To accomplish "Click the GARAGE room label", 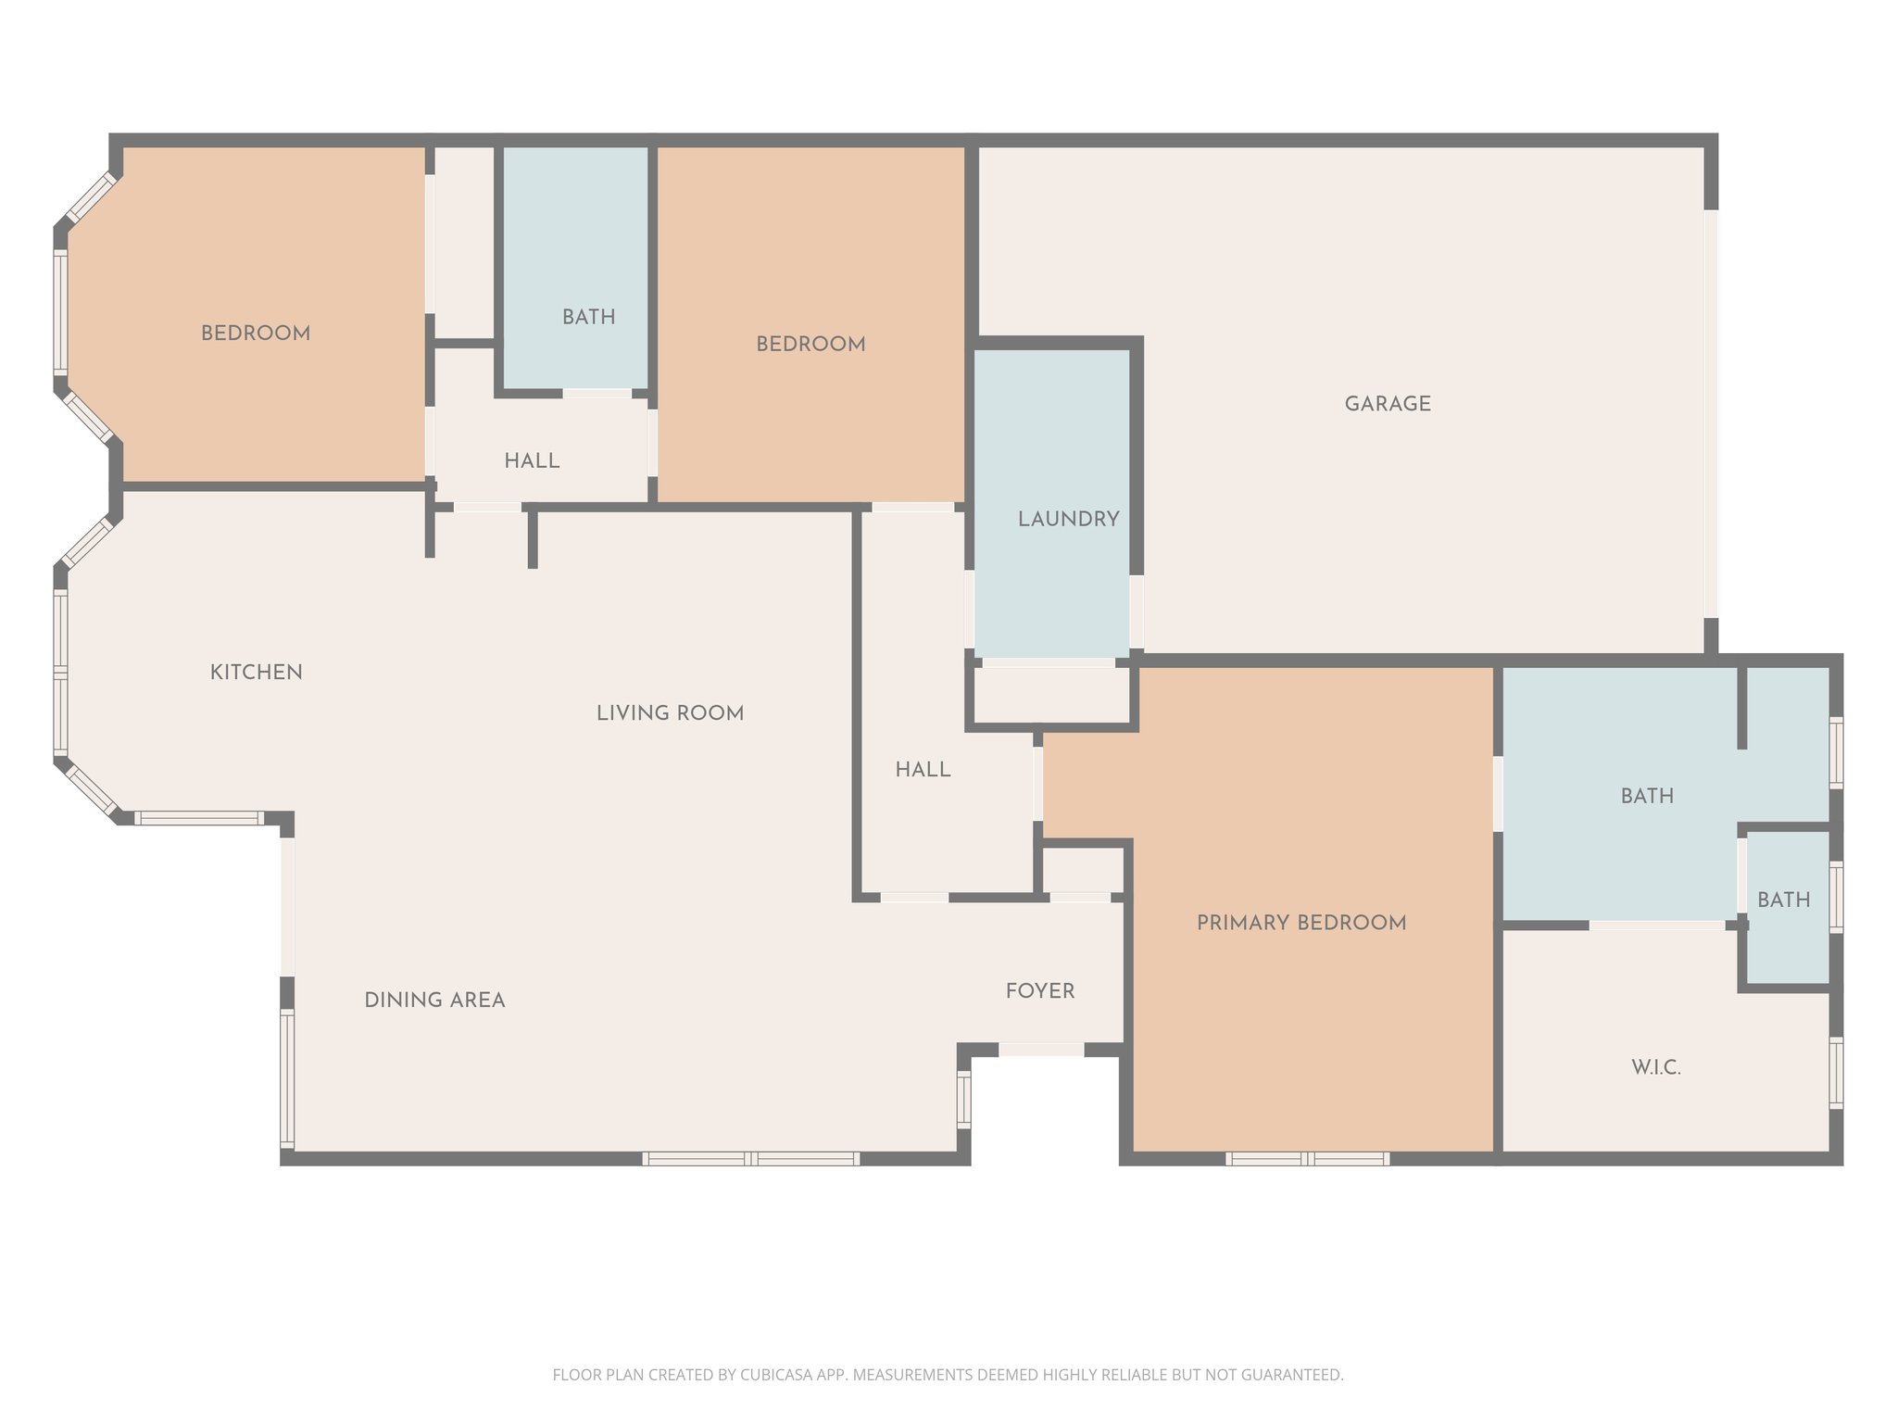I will [1388, 404].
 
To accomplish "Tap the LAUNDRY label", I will [1068, 520].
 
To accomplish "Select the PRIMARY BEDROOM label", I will [1300, 923].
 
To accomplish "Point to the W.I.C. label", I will [1655, 1067].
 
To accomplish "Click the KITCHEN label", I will [256, 673].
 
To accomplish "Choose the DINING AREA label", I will [434, 1001].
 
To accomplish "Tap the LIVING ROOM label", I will [670, 713].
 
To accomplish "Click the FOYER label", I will [1039, 991].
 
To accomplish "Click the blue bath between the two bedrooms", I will [575, 269].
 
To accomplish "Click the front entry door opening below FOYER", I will [1041, 1050].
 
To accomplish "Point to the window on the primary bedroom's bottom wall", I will [1307, 1159].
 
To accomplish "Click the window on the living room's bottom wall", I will [751, 1159].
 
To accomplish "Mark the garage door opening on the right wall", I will [1711, 413].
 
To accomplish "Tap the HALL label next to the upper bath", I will [532, 461].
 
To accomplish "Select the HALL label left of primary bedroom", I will [923, 770].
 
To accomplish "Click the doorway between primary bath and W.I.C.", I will [1657, 926].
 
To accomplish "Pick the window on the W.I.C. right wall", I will [1836, 1073].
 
